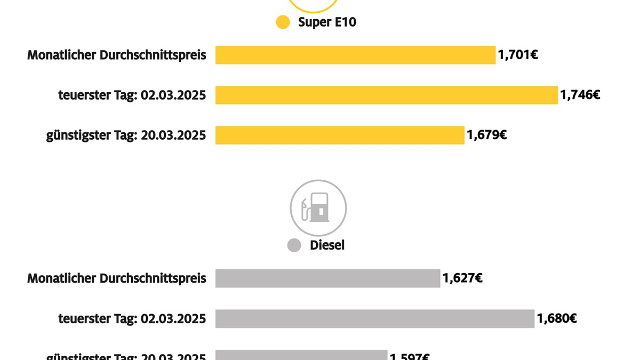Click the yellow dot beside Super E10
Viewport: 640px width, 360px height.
click(283, 22)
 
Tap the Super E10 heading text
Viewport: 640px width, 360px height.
click(327, 22)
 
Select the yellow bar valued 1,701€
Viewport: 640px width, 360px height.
click(355, 55)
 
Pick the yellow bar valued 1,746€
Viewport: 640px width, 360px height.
click(386, 95)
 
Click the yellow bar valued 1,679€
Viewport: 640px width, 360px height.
click(340, 135)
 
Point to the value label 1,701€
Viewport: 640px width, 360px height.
click(518, 54)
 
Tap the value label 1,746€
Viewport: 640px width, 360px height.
click(580, 95)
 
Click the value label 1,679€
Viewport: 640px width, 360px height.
click(486, 135)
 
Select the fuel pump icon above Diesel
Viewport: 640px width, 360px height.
click(318, 208)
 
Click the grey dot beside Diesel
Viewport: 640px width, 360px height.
click(294, 245)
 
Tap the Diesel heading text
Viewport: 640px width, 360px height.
click(327, 245)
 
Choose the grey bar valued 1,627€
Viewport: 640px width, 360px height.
click(327, 278)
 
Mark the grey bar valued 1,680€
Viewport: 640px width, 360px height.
click(374, 319)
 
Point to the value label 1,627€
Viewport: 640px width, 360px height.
click(462, 278)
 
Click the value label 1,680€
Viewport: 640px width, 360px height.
click(556, 319)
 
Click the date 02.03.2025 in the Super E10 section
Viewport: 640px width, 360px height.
click(173, 95)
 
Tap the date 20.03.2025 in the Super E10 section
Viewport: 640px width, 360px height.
click(173, 135)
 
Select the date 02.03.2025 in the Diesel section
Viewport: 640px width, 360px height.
click(173, 319)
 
